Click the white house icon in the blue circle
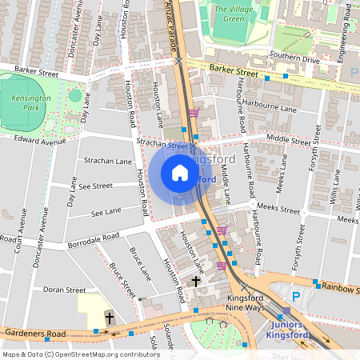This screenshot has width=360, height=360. [180, 173]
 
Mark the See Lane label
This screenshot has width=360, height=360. [106, 212]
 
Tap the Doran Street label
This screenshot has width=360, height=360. [64, 290]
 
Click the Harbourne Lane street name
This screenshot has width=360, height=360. [270, 108]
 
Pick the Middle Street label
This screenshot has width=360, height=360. [289, 139]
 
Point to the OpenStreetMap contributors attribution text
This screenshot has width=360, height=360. [81, 354]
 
